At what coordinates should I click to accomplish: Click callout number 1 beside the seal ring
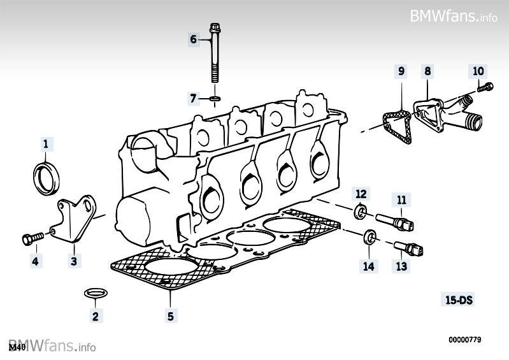45,145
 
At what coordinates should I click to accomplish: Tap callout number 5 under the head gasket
171,315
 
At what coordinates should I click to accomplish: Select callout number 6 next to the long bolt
194,40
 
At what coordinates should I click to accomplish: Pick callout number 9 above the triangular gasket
401,71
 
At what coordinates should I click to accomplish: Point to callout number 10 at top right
478,70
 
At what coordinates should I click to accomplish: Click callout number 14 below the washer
369,266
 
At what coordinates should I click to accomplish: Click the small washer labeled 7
215,99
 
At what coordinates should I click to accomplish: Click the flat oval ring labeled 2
96,293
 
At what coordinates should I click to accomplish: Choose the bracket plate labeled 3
75,220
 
